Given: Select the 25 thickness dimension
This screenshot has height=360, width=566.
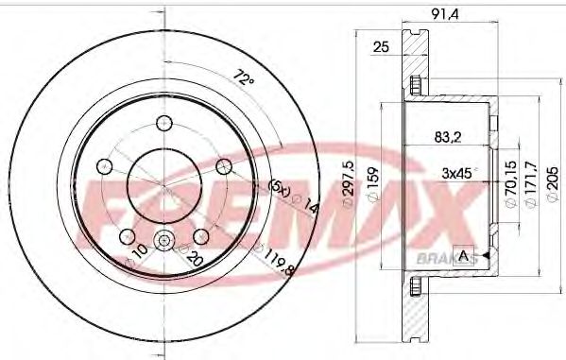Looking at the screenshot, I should click(382, 46).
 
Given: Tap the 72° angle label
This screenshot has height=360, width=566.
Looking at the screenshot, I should click(245, 80).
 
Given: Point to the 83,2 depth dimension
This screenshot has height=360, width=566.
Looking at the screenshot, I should click(448, 138).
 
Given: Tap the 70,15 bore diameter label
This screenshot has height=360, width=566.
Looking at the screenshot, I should click(511, 180).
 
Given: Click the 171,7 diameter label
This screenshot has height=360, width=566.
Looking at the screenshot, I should click(530, 180).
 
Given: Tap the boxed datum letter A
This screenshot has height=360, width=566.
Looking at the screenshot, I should click(463, 255).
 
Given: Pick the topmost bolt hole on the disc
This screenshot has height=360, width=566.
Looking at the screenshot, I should click(163, 122).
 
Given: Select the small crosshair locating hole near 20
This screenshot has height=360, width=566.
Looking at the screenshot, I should click(163, 241).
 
